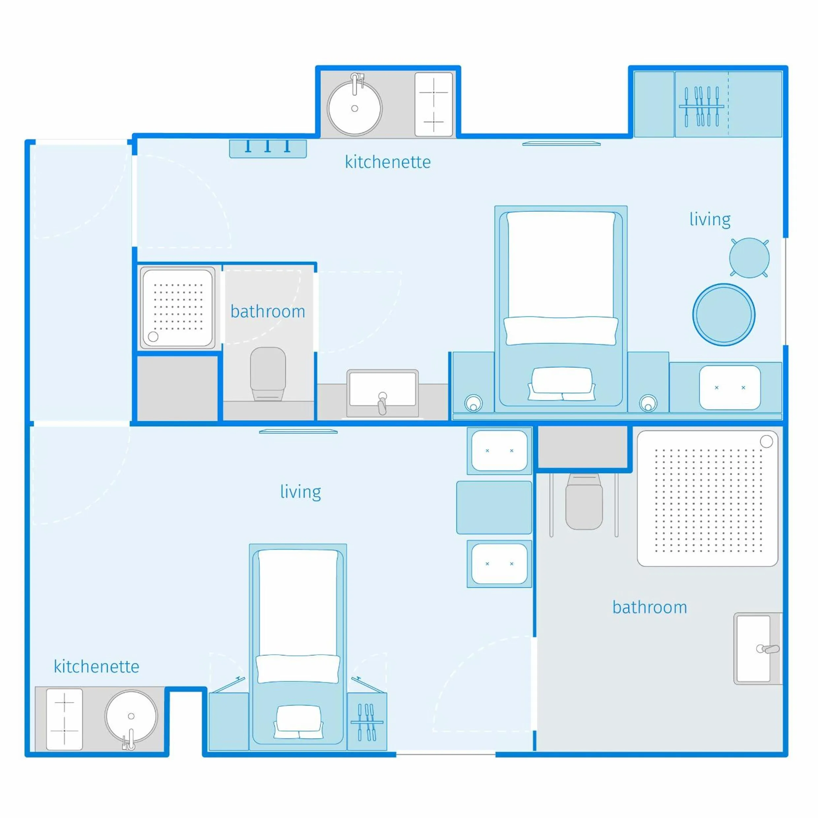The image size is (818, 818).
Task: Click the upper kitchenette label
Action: coord(388,162)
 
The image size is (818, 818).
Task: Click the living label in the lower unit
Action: coord(300,492)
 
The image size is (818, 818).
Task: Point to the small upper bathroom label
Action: coord(267,312)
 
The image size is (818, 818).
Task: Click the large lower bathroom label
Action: coord(649,607)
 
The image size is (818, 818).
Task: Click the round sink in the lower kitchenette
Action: coord(131,716)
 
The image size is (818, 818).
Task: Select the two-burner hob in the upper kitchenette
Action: coord(433,105)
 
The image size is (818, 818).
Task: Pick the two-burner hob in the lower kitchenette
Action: coord(64,719)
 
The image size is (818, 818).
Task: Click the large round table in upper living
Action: coord(724,315)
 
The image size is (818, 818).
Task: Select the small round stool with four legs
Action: coord(749,258)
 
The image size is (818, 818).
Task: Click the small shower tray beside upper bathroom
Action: coord(177,308)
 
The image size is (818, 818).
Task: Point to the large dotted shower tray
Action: coord(707,498)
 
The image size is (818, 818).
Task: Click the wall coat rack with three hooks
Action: coord(267,148)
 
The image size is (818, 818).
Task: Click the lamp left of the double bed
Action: coord(473,403)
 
